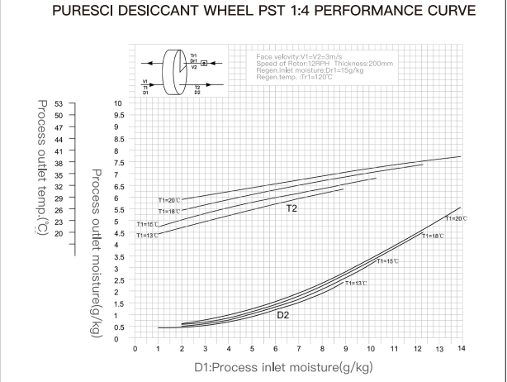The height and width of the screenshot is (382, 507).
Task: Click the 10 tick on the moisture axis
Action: (x=118, y=103)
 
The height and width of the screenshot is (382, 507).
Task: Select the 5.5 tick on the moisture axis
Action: (x=118, y=211)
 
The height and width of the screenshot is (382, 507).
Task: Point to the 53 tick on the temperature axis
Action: (x=58, y=104)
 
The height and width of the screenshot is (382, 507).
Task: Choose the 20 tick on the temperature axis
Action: (x=58, y=233)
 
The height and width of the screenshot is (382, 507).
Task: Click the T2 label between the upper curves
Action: (x=291, y=209)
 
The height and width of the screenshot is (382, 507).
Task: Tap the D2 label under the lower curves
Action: (x=282, y=314)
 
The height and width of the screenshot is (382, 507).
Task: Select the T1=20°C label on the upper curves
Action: (x=168, y=200)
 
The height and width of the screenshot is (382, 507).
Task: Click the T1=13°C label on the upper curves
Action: (x=146, y=235)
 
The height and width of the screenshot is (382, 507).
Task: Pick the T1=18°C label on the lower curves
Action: (x=433, y=236)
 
